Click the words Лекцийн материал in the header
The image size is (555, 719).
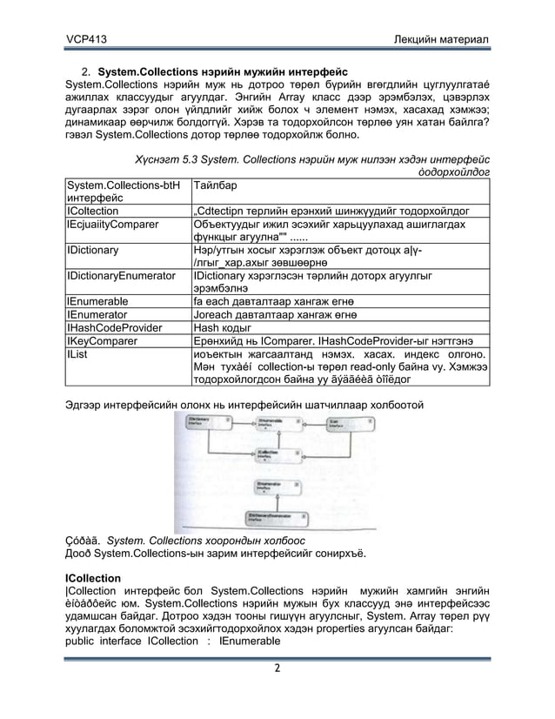pyautogui.click(x=442, y=40)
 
